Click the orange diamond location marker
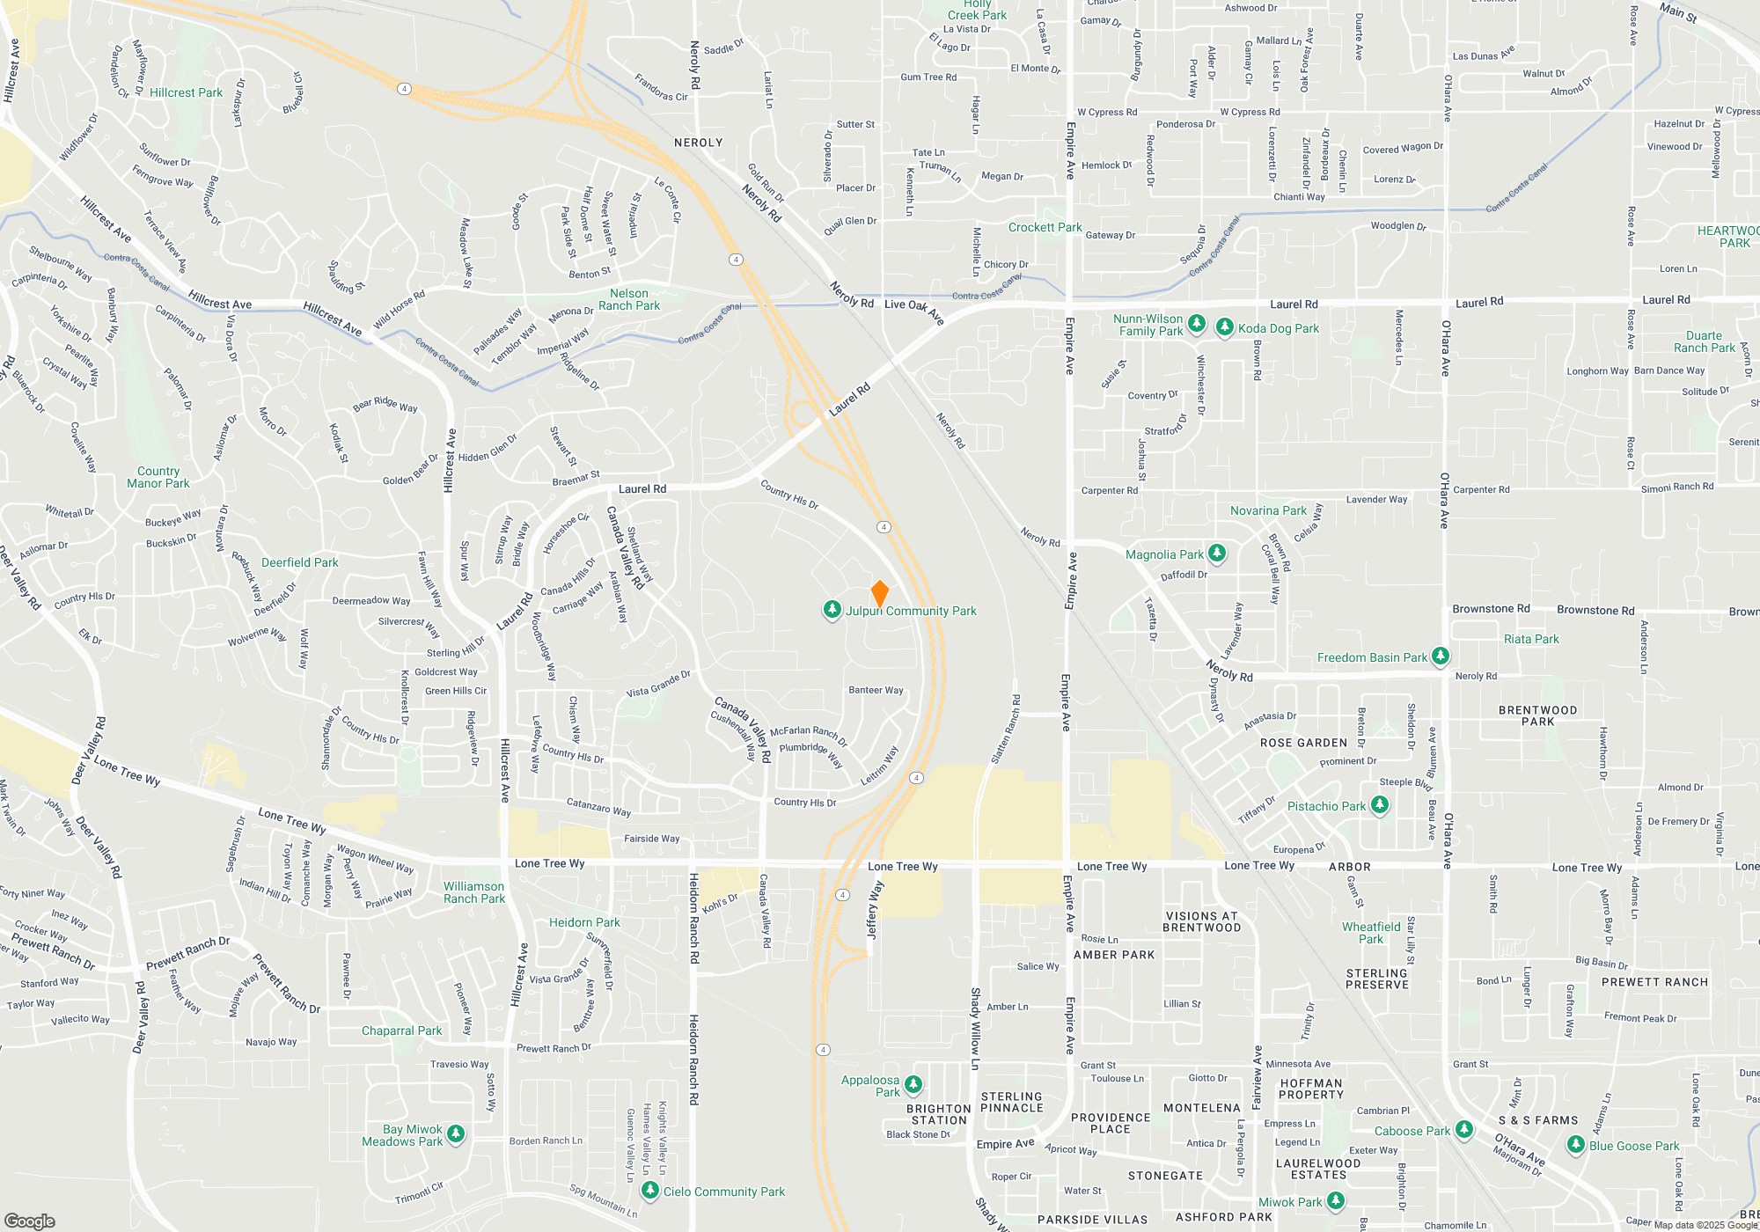pyautogui.click(x=879, y=593)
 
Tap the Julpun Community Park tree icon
pyautogui.click(x=832, y=609)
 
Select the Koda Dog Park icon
pyautogui.click(x=1224, y=327)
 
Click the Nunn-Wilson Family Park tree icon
pyautogui.click(x=1196, y=324)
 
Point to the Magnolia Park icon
pyautogui.click(x=1217, y=554)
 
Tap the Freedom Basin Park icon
pyautogui.click(x=1441, y=656)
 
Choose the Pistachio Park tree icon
pyautogui.click(x=1379, y=805)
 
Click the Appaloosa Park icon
pyautogui.click(x=913, y=1084)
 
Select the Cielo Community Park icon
pyautogui.click(x=650, y=1191)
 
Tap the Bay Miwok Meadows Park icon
pyautogui.click(x=456, y=1133)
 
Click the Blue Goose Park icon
pyautogui.click(x=1576, y=1145)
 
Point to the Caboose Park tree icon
pyautogui.click(x=1463, y=1130)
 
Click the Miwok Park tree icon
pyautogui.click(x=1335, y=1200)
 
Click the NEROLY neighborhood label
pyautogui.click(x=698, y=143)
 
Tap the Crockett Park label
pyautogui.click(x=1045, y=227)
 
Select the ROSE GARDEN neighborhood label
pyautogui.click(x=1303, y=743)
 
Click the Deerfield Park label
pyautogui.click(x=299, y=562)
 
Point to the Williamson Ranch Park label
pyautogui.click(x=473, y=892)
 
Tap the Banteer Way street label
pyautogui.click(x=876, y=690)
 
